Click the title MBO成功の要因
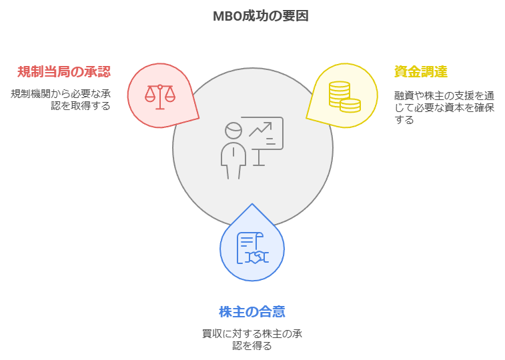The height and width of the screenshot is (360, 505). tap(261, 16)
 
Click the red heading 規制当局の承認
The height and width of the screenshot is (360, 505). tap(64, 71)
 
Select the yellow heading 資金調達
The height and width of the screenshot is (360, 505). tap(421, 71)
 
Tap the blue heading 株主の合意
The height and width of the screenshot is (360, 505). tap(252, 312)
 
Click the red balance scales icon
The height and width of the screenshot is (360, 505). tap(160, 97)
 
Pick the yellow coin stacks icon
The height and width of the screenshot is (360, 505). tap(345, 97)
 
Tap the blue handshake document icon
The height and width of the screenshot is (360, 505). tap(253, 248)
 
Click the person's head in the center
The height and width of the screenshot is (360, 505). tap(233, 130)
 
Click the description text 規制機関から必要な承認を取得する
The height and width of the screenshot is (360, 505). tap(61, 100)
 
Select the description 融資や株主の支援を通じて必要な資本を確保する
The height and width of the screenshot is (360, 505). tap(444, 107)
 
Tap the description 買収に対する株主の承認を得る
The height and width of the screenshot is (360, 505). tap(252, 340)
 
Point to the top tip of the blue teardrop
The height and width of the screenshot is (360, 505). tap(252, 204)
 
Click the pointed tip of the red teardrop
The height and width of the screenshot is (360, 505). tap(198, 119)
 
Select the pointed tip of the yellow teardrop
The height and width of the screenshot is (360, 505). tap(307, 119)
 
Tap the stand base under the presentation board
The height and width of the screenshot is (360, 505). tap(259, 165)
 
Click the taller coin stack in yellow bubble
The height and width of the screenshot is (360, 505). tap(339, 93)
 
